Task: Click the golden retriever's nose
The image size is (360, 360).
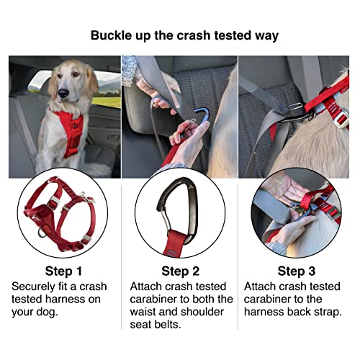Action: click(x=63, y=94)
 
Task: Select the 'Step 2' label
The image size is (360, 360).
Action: click(x=180, y=271)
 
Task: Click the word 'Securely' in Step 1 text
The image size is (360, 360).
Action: click(x=37, y=287)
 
